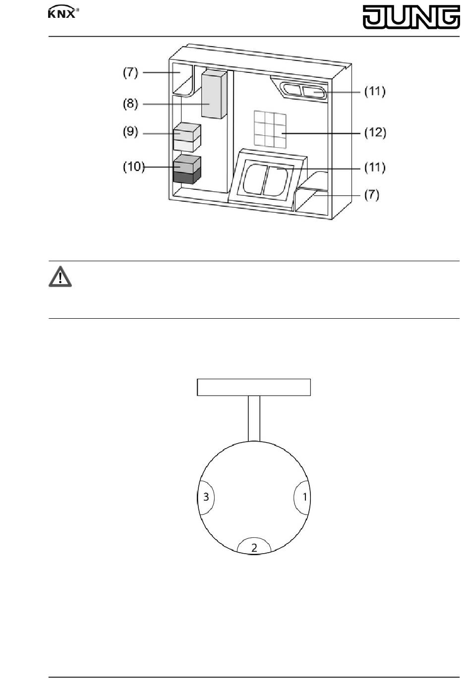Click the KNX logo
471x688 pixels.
63,12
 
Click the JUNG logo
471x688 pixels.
412,17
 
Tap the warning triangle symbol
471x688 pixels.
60,277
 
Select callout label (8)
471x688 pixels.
130,104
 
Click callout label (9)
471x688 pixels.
130,131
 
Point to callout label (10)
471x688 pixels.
134,167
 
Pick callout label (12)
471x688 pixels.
375,133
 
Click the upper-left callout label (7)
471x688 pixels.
130,72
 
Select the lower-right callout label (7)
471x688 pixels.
372,195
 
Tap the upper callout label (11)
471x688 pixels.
375,92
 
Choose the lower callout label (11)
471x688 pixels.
375,168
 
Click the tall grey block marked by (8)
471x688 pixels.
214,94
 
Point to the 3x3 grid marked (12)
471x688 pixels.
270,129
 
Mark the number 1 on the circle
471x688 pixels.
305,497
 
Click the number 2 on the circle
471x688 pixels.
254,548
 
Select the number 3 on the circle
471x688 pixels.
206,497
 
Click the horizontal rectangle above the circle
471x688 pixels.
254,387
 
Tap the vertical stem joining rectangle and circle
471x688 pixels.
254,418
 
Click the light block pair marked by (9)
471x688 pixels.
187,137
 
